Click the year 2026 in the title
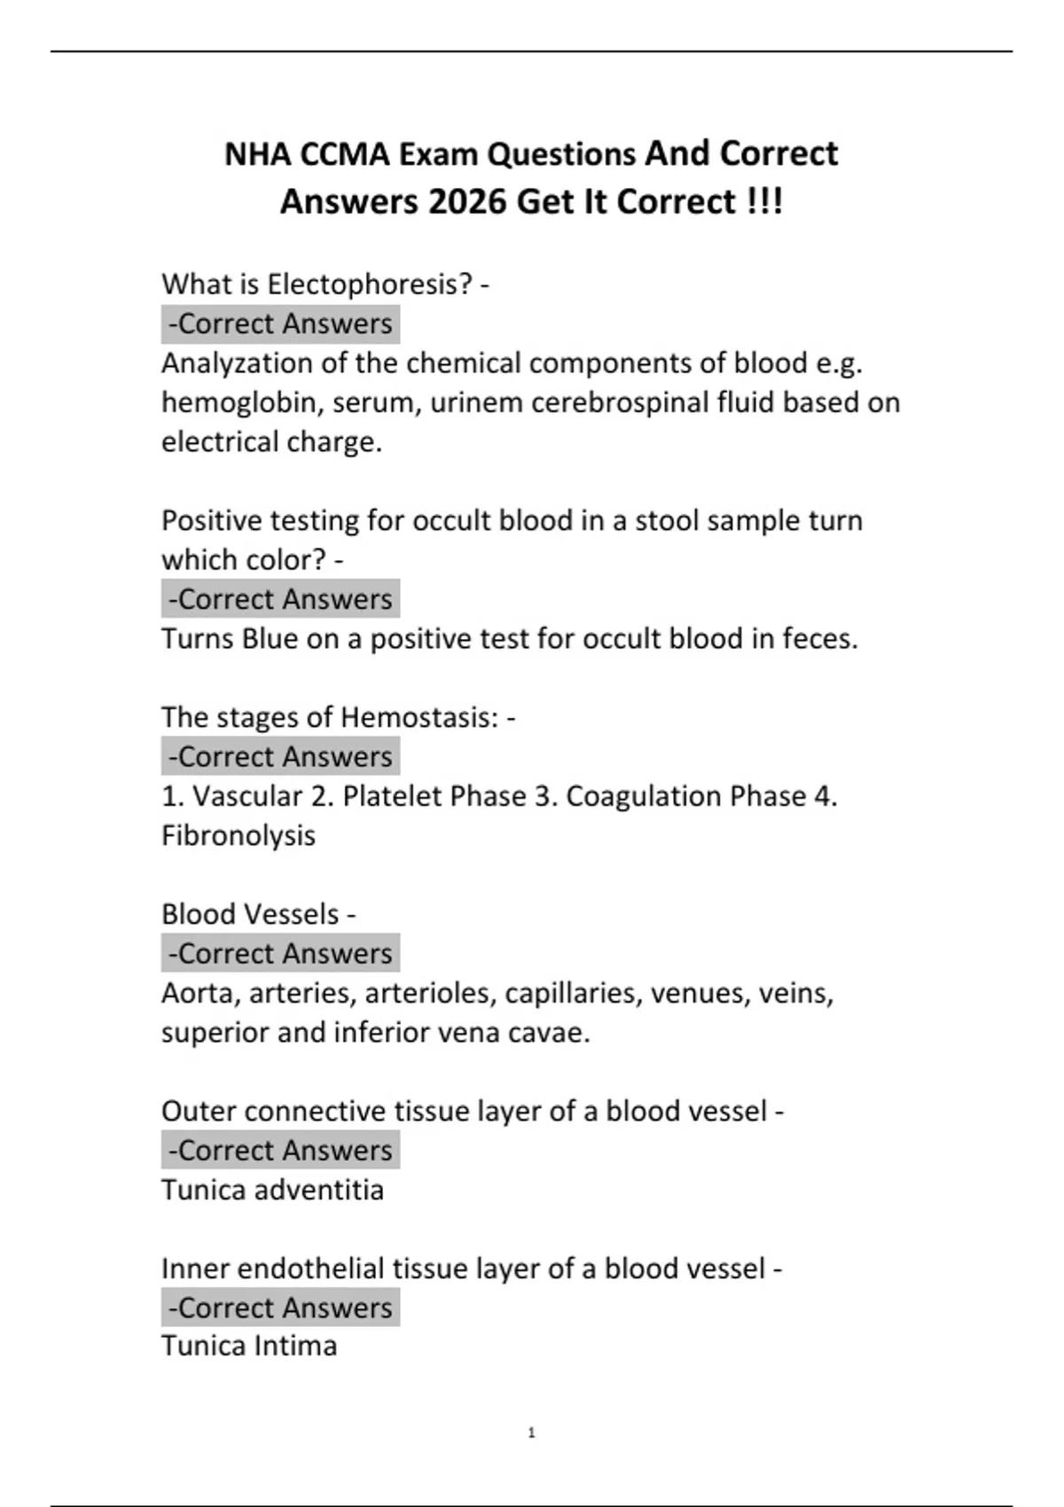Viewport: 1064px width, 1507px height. (467, 202)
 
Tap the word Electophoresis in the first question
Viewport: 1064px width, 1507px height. (369, 285)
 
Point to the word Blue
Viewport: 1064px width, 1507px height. (270, 639)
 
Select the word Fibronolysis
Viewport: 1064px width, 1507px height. (238, 836)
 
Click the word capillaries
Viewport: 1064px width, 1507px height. (572, 993)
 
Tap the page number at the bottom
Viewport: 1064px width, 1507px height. (531, 1433)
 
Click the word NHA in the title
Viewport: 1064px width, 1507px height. (257, 154)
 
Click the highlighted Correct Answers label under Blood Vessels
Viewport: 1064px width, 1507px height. (280, 954)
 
